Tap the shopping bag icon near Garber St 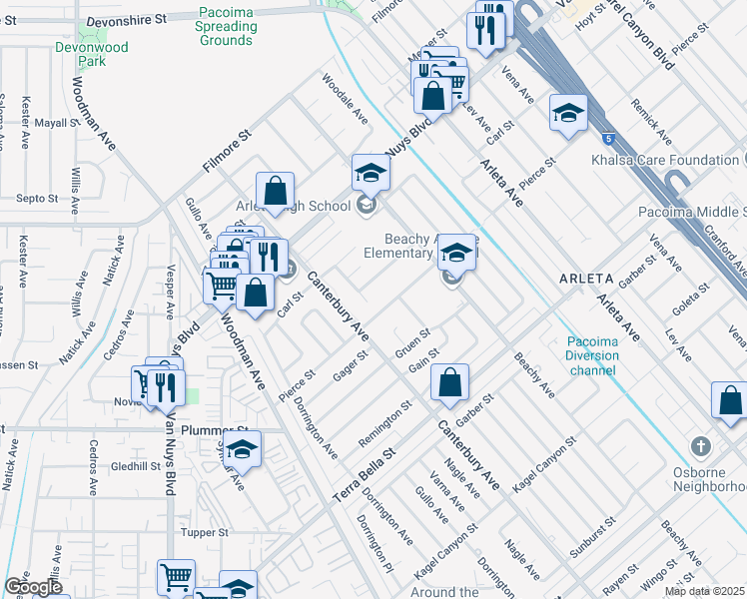(451, 382)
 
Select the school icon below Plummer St (242, 451)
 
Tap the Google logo (34, 587)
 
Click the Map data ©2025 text (703, 591)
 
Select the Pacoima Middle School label (691, 213)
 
